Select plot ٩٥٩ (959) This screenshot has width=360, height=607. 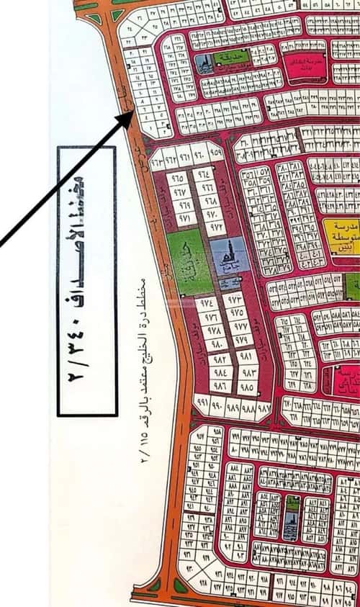click(x=215, y=153)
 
